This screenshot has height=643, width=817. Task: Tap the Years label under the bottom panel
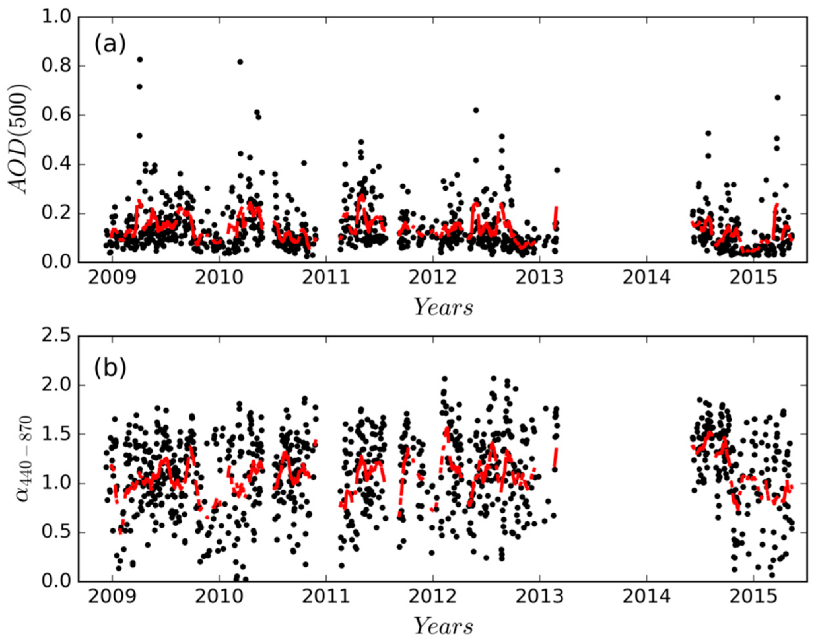(443, 627)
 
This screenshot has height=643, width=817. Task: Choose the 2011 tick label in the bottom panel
(326, 597)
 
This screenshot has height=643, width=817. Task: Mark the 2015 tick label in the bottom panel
(753, 597)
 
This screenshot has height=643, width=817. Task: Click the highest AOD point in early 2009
(140, 59)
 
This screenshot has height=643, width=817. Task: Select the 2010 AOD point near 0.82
(240, 62)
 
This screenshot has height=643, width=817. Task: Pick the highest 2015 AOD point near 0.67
(777, 97)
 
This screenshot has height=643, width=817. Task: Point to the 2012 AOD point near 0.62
(476, 110)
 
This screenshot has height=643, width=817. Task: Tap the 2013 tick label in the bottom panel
(539, 597)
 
